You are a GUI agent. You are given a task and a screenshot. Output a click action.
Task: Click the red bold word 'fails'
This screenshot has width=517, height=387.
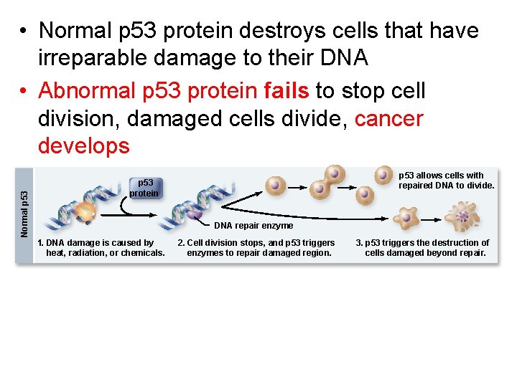pos(287,91)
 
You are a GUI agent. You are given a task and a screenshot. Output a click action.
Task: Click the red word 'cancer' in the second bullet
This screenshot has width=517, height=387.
pos(389,118)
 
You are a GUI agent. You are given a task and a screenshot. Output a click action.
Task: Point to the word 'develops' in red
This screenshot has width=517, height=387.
pos(83,145)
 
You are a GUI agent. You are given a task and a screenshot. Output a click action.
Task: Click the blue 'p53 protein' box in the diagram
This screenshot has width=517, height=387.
pos(144,187)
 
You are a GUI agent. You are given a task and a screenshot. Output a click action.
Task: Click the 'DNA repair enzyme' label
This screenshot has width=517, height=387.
pos(253,226)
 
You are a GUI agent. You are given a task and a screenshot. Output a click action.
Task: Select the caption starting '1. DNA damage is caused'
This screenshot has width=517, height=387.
pos(101,248)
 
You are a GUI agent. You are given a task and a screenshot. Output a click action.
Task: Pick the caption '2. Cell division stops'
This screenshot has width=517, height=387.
pos(257,248)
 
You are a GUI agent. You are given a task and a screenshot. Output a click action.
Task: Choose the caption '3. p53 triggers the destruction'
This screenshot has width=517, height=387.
pos(423,248)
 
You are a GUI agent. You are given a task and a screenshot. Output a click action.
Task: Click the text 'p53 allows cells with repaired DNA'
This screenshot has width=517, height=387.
pos(446,180)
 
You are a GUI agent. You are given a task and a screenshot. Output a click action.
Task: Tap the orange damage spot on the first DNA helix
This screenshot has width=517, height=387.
pos(85,211)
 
